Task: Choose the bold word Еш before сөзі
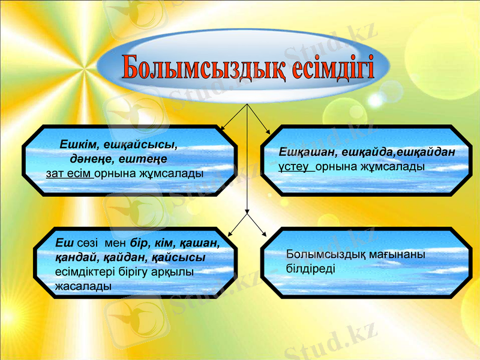pos(62,244)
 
